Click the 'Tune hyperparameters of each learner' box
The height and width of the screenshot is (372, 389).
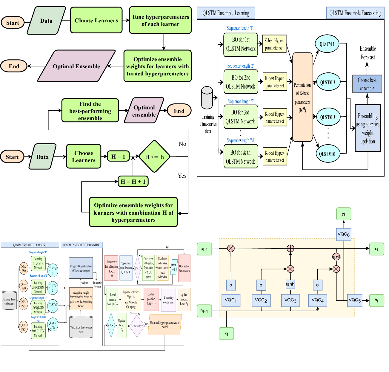(160, 20)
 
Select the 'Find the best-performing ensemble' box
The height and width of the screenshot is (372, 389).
(90, 111)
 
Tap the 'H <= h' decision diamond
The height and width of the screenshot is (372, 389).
(154, 156)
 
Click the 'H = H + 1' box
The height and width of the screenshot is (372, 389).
(133, 182)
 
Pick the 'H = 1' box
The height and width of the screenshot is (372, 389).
(118, 156)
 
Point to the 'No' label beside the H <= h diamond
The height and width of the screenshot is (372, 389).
(182, 144)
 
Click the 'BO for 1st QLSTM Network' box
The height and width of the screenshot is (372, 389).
(241, 44)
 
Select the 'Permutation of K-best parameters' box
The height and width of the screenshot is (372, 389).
(302, 97)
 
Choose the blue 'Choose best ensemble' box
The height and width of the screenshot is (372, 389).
(367, 84)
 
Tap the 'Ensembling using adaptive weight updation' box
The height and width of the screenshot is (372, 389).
(368, 128)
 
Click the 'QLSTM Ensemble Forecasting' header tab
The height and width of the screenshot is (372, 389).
(355, 13)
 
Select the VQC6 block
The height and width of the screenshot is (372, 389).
(343, 234)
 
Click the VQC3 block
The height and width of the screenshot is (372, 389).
(290, 300)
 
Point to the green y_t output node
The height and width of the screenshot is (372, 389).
(343, 214)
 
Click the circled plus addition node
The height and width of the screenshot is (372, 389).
(290, 248)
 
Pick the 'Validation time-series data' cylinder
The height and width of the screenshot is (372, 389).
(81, 327)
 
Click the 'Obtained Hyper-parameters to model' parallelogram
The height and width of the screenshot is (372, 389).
(165, 325)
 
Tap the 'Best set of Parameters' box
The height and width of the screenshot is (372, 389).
(184, 268)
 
